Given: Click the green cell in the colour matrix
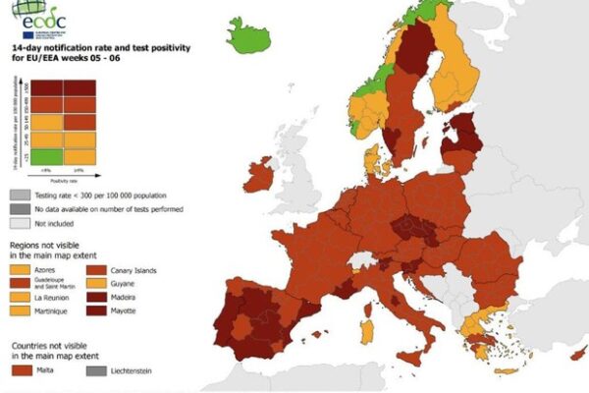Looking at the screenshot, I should point(50,156).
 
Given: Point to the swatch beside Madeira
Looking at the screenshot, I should point(99,297).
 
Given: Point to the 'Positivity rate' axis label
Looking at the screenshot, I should point(65,179).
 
